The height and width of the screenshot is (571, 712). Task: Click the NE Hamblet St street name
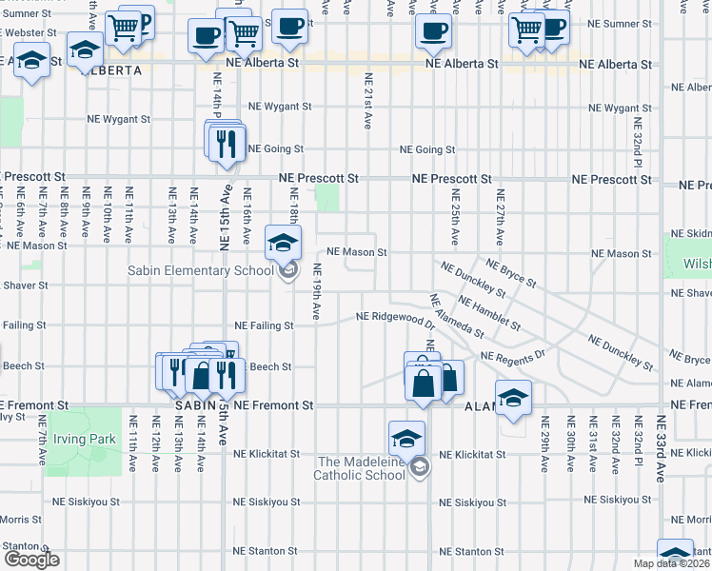[488, 315]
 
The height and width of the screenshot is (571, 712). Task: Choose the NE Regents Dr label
[512, 356]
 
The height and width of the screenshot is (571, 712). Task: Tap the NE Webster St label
[34, 32]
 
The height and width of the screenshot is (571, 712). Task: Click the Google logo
[31, 560]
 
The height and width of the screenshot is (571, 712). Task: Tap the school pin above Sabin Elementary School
[283, 244]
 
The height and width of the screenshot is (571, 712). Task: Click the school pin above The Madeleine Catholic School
[406, 439]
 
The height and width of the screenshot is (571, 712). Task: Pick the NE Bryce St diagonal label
[511, 272]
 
